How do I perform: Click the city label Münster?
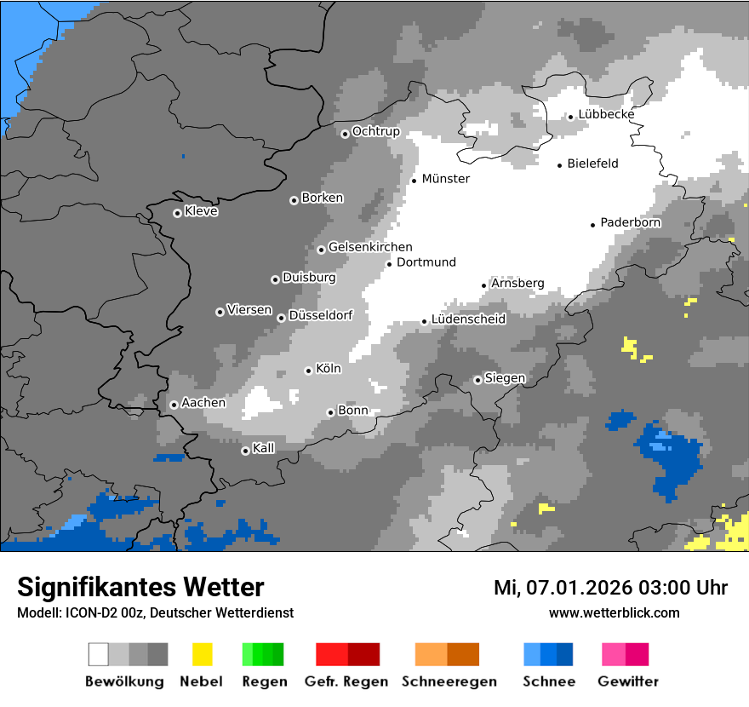tap(445, 179)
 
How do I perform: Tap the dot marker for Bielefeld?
tap(560, 165)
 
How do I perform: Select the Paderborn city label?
tap(630, 222)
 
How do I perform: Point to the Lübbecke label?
tap(606, 114)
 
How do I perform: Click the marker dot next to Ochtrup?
tap(345, 134)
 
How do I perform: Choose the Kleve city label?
tap(201, 211)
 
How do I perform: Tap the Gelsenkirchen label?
tap(370, 247)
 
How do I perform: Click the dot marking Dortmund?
tap(390, 264)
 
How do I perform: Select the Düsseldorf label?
tap(320, 315)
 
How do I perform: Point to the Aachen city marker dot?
tap(174, 405)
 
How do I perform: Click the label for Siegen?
tap(505, 378)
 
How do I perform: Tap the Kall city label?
tap(263, 448)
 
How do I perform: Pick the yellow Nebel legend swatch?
tap(202, 654)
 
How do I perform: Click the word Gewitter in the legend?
tap(627, 681)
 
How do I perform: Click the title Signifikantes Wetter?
tap(140, 587)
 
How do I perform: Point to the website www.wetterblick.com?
tap(614, 612)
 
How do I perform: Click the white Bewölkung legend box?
tap(99, 654)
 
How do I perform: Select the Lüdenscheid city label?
tap(468, 319)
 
